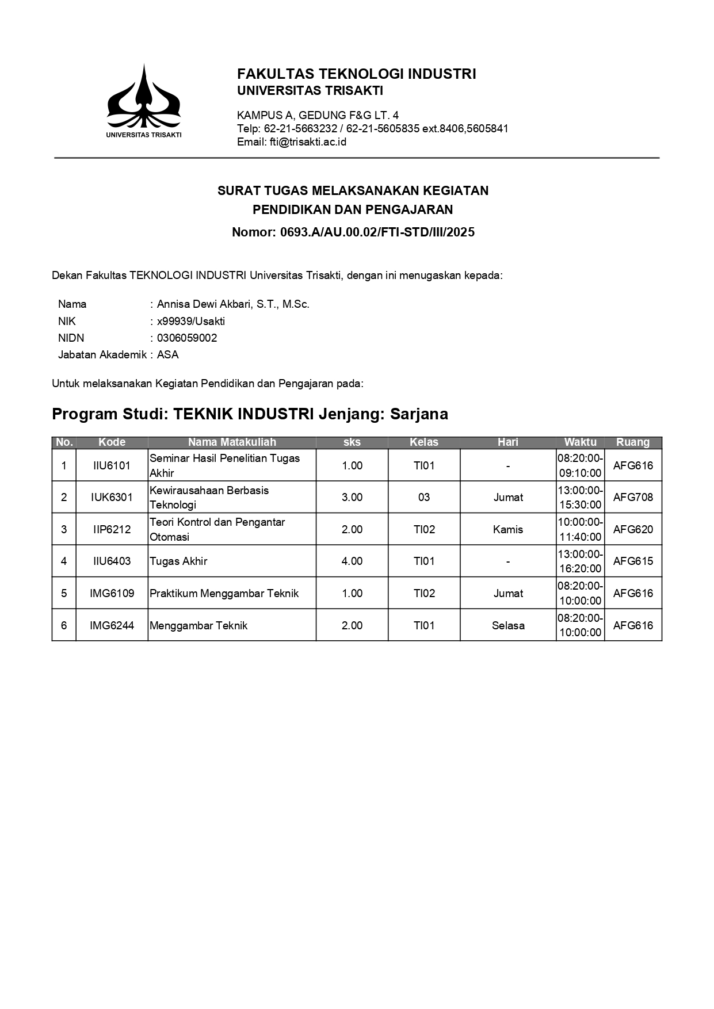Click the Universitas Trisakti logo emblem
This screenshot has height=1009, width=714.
(x=143, y=97)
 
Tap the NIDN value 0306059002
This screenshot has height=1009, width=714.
(x=187, y=338)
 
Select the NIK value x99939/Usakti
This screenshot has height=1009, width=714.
(x=190, y=321)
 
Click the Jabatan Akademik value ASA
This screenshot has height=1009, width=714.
(x=168, y=354)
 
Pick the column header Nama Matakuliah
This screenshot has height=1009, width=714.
(x=232, y=442)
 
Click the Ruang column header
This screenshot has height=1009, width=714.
(x=633, y=442)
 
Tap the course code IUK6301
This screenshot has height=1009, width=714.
(x=112, y=497)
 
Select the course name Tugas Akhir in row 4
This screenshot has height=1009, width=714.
(x=178, y=561)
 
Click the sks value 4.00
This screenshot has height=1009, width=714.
(x=352, y=561)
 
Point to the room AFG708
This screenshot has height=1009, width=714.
(x=633, y=497)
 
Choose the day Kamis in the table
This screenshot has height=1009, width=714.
(x=508, y=529)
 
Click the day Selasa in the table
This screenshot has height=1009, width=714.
(x=508, y=625)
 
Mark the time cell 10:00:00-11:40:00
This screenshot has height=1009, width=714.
(x=580, y=529)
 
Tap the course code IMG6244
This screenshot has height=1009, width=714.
(x=112, y=625)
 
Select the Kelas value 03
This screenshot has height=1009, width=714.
(x=424, y=497)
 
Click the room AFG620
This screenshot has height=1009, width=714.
(x=633, y=529)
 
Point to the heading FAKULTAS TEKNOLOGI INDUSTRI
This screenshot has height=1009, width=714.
(x=356, y=74)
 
